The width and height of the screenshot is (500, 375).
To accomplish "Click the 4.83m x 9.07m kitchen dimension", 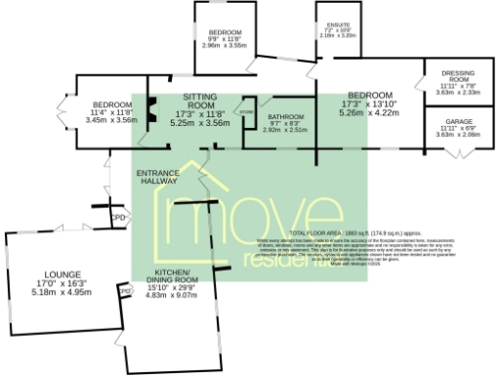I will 171,296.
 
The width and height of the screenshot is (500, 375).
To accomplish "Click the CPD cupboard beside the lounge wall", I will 125,291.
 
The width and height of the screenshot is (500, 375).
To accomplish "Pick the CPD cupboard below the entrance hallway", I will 118,217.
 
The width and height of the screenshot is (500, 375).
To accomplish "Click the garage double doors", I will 463,152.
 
